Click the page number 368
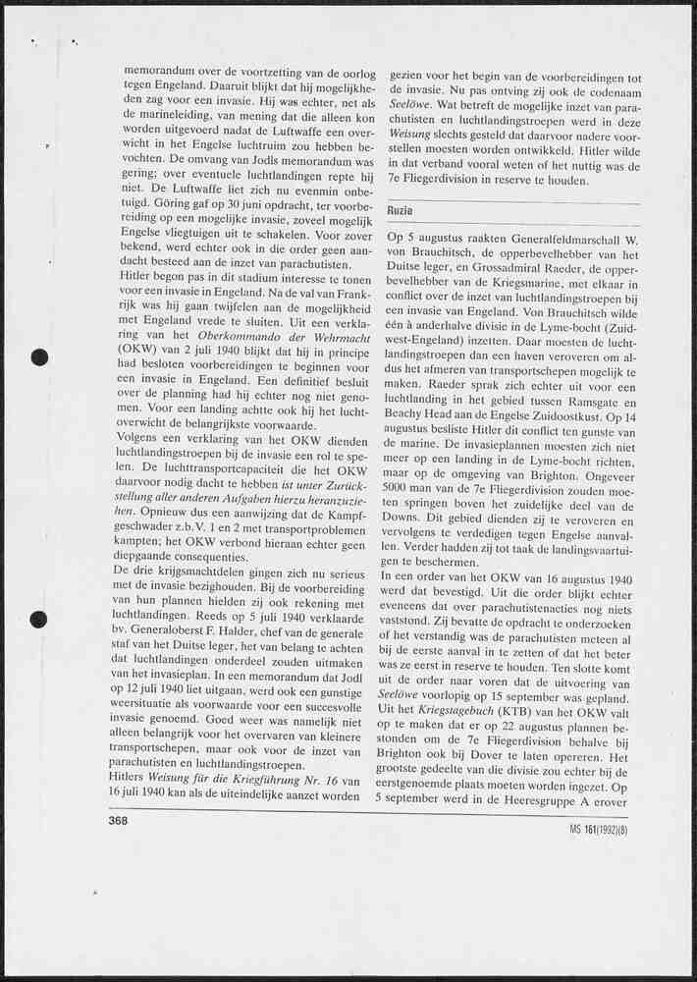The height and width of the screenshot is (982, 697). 121,821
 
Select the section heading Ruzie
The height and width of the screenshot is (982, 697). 401,211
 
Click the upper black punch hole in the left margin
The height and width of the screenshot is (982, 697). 39,357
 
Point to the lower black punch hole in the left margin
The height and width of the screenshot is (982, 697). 39,619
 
